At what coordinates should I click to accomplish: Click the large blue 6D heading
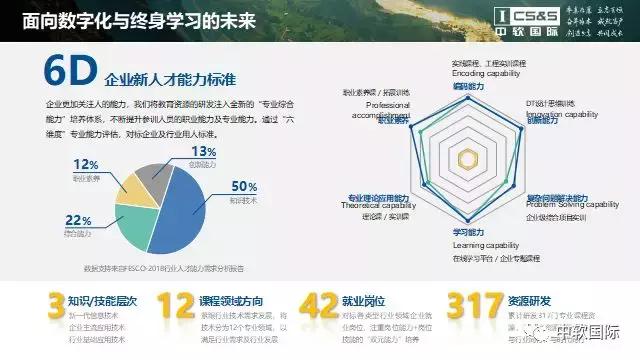[x=70, y=76]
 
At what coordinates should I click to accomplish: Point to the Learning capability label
[x=459, y=246]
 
